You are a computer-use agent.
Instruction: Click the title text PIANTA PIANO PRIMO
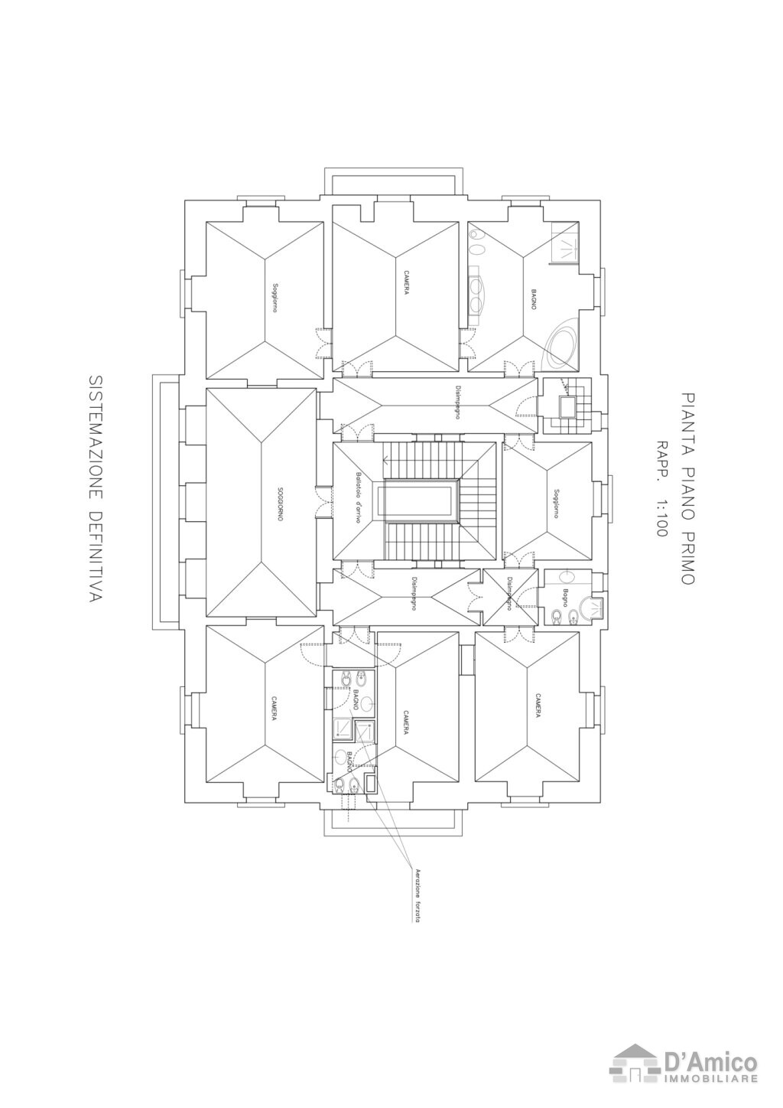pyautogui.click(x=687, y=490)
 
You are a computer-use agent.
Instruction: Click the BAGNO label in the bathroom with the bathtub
pyautogui.click(x=533, y=298)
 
